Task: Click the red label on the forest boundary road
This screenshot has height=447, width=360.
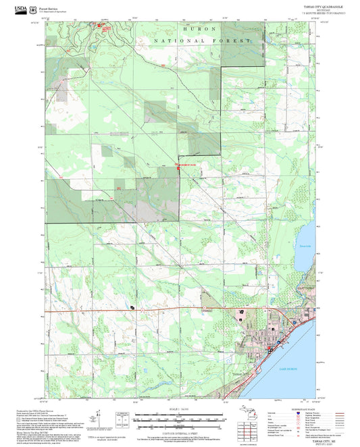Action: tap(186, 165)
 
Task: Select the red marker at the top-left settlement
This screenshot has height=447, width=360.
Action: tap(104, 27)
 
